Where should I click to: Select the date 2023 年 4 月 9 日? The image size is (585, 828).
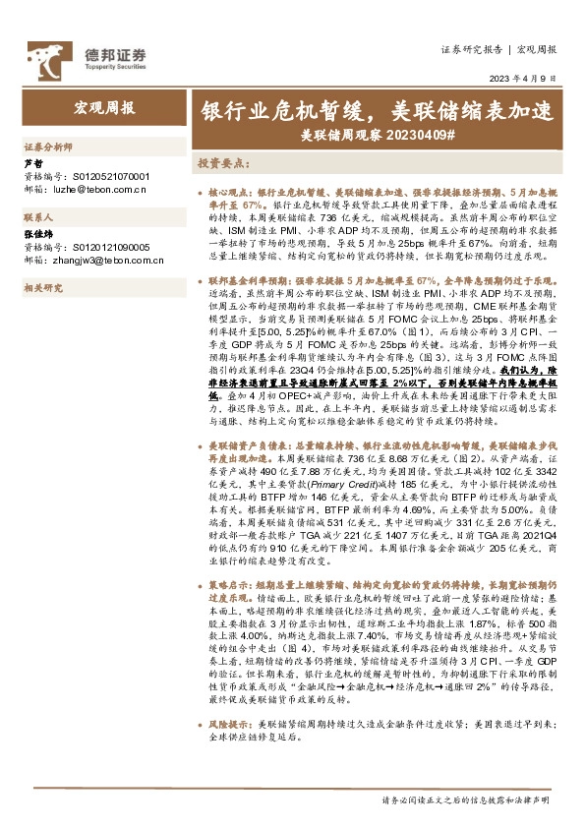[x=529, y=78]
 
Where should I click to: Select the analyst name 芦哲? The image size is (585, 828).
[x=32, y=162]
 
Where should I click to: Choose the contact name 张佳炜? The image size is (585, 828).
[x=36, y=236]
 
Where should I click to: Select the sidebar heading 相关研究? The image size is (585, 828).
[x=42, y=287]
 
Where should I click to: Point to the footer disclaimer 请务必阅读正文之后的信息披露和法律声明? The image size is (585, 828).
[x=469, y=800]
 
